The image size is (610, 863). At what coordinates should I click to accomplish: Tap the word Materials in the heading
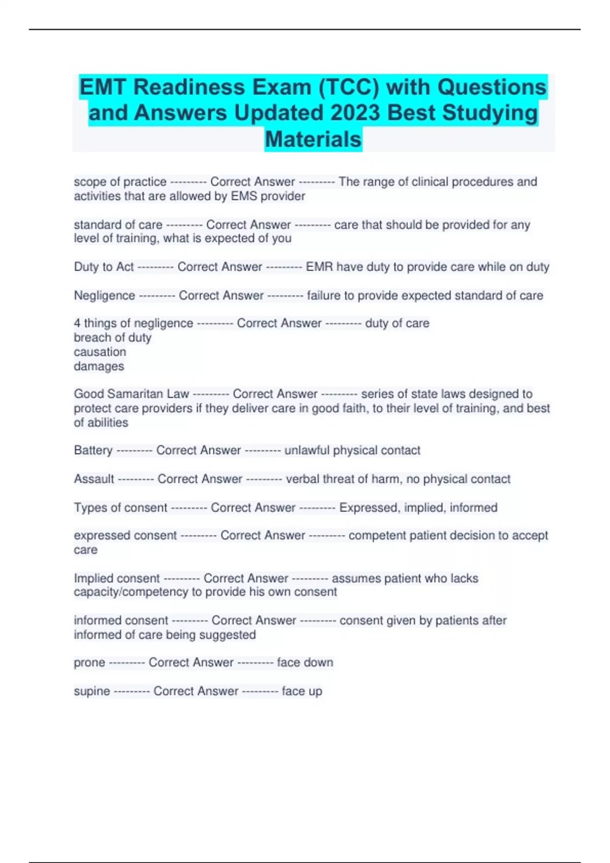[313, 139]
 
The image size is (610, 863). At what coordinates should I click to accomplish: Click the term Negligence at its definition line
[104, 295]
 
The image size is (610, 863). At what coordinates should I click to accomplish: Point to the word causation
[100, 352]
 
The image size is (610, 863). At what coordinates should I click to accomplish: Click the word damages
[99, 366]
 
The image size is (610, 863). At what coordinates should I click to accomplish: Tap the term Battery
[93, 450]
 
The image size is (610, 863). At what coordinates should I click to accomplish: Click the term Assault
[94, 479]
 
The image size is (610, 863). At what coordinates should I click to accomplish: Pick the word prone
[89, 662]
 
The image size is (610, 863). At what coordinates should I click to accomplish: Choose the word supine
[91, 691]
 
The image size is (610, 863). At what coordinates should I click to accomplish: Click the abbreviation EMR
[319, 267]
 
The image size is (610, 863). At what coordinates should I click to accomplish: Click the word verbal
[302, 479]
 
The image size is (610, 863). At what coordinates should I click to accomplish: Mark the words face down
[305, 662]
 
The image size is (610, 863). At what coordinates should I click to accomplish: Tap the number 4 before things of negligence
[77, 323]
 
